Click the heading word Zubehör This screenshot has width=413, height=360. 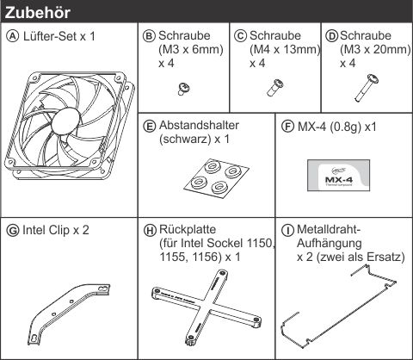38,13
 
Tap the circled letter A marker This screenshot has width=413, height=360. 12,36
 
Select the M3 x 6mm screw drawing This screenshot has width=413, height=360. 183,89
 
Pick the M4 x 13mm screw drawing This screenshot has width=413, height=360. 274,88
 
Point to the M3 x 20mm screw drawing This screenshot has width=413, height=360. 367,88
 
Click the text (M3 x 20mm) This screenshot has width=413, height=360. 375,49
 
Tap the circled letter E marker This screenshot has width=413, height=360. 150,127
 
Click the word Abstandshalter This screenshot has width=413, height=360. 199,126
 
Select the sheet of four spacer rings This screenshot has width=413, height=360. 216,178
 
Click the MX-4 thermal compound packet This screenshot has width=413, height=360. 338,176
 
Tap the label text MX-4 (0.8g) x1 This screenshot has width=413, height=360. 337,127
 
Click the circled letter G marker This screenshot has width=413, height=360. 12,231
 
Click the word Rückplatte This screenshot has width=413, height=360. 188,229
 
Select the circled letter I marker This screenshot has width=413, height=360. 287,231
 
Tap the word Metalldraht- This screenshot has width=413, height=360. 329,229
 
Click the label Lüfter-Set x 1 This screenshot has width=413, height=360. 59,36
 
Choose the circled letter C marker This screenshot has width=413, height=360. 240,36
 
